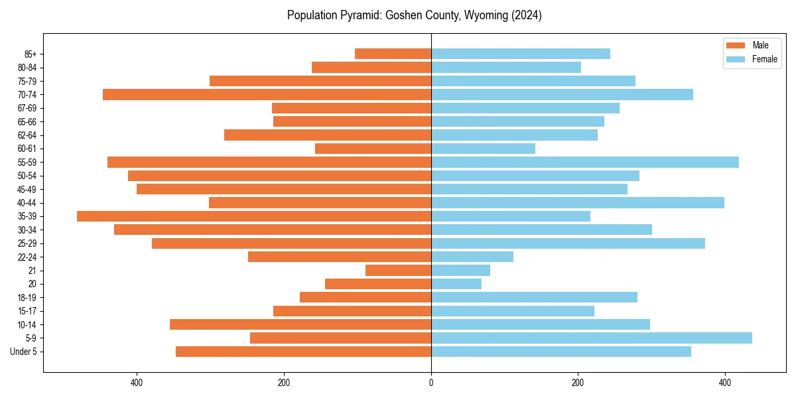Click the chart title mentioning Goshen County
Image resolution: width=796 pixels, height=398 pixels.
[414, 15]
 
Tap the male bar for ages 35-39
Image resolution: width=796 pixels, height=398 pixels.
[254, 216]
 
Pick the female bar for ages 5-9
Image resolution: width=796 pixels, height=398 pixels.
[592, 338]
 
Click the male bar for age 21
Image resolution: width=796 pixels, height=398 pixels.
[398, 271]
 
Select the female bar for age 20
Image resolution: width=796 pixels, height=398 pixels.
[456, 284]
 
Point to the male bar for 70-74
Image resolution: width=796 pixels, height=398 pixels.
[267, 94]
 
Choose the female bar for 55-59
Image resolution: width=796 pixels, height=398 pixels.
[585, 162]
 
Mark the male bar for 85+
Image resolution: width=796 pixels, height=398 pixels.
[393, 54]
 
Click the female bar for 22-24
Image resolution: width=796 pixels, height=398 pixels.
[472, 257]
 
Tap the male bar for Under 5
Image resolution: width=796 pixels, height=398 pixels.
[303, 352]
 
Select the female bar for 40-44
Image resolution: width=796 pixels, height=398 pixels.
[578, 202]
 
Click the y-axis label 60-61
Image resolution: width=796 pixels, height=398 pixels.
[27, 149]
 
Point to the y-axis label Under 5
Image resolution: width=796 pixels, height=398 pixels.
[24, 352]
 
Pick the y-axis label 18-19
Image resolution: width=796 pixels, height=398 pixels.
[27, 298]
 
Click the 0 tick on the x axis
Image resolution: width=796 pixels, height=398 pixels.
[431, 383]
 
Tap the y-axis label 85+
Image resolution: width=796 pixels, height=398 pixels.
[31, 54]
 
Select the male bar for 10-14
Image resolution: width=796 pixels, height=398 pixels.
[300, 324]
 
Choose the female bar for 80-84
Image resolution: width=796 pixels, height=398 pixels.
[506, 67]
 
